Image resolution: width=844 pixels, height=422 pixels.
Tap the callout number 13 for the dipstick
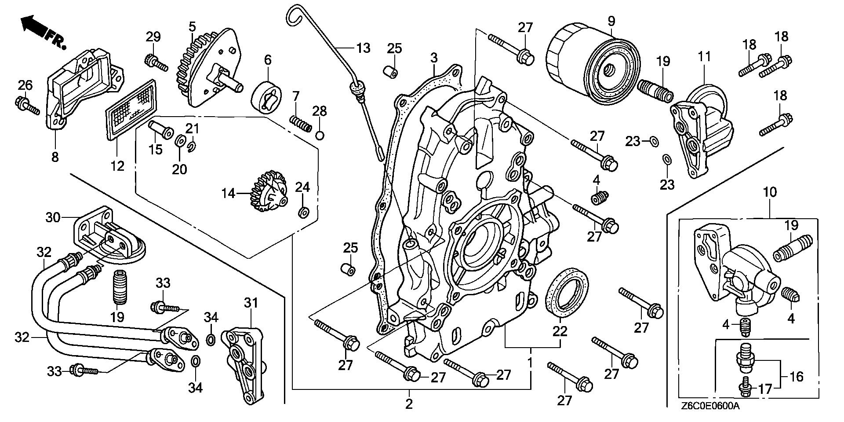pos(364,48)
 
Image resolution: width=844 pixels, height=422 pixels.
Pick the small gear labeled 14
pos(269,194)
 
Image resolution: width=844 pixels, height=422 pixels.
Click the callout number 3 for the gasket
pos(434,58)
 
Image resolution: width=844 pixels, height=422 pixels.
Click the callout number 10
pos(770,192)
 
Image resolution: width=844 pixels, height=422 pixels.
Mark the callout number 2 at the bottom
pos(409,404)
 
